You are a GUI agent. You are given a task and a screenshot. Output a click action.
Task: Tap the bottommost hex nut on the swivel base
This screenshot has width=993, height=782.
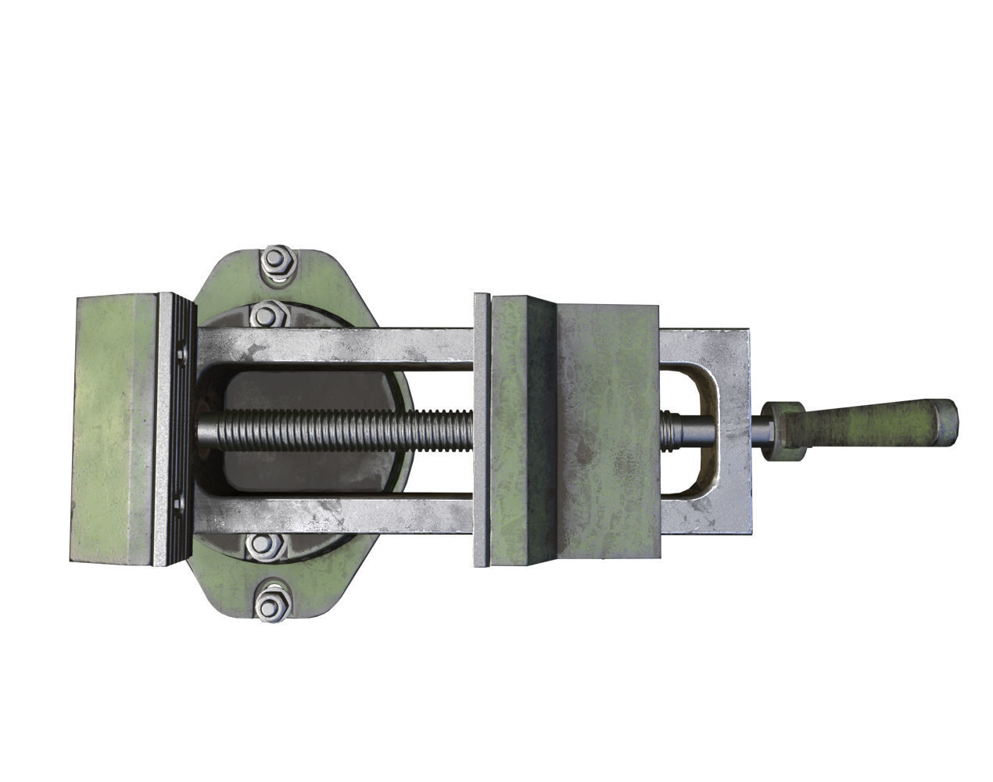coord(273,603)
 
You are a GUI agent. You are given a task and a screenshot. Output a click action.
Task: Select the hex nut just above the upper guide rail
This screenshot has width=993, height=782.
coord(267,315)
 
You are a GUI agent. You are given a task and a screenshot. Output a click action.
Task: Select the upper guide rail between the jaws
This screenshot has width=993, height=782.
coord(336,345)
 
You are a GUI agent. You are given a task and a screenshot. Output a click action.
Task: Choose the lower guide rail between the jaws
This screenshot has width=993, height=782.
coord(336,518)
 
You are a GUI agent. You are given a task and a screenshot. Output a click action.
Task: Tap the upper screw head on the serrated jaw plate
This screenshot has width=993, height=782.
coord(182,354)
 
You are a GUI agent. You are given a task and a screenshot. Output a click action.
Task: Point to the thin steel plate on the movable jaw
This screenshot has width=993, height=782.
coord(482,430)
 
